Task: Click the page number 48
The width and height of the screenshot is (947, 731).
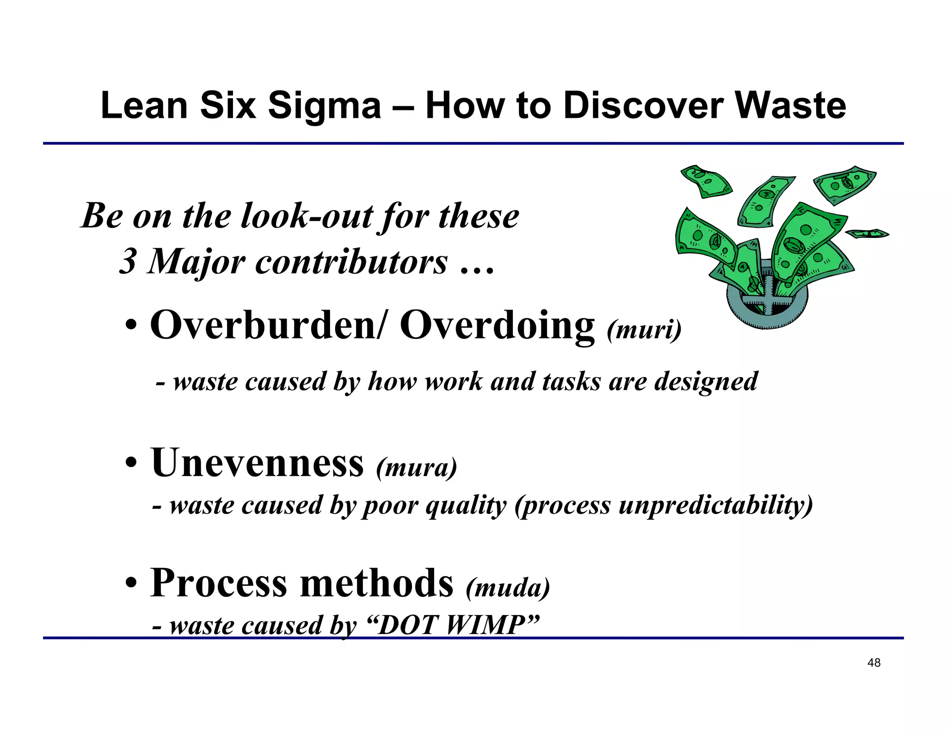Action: pos(874,663)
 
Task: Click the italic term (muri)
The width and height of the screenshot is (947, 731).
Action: pos(644,329)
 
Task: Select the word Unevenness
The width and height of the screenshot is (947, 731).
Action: pos(257,463)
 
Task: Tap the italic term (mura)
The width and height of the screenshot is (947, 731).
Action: pos(417,468)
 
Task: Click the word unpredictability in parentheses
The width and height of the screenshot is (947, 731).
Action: pos(715,505)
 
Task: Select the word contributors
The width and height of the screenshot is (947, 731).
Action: pos(351,262)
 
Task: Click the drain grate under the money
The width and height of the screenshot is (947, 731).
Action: pos(768,303)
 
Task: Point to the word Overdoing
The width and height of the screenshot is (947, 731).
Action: pos(497,325)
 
